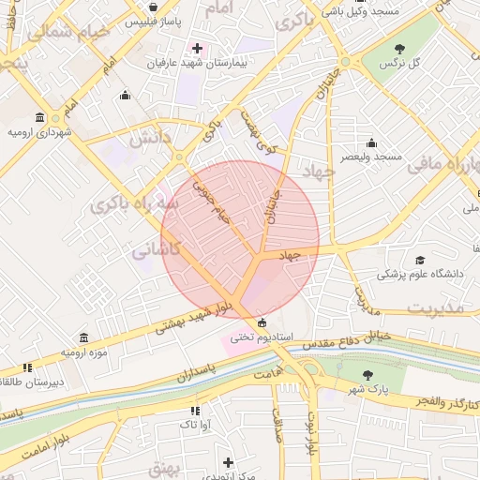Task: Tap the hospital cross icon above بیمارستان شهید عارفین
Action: pyautogui.click(x=197, y=48)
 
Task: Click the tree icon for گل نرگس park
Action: pyautogui.click(x=400, y=48)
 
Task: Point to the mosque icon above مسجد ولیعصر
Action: pyautogui.click(x=372, y=143)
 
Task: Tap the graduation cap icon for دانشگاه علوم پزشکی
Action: pyautogui.click(x=420, y=260)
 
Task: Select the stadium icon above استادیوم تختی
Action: pyautogui.click(x=262, y=322)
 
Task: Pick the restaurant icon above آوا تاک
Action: pyautogui.click(x=194, y=411)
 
